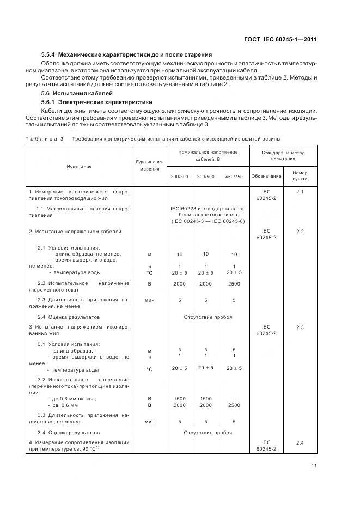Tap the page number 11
314,465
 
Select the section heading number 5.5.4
49,55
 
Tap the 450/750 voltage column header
234,177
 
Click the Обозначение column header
266,176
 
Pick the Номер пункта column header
300,175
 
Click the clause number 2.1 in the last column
300,192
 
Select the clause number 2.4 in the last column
300,442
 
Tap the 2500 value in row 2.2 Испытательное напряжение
234,284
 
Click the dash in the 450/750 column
234,399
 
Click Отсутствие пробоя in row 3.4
208,432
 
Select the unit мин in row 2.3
149,300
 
